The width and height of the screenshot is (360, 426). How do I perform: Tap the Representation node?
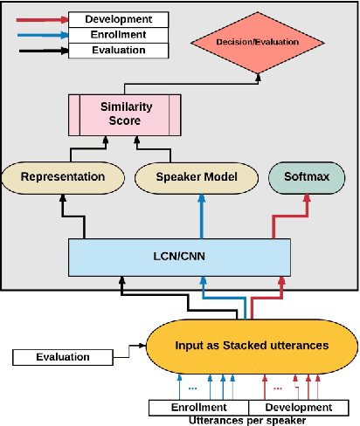click(x=62, y=177)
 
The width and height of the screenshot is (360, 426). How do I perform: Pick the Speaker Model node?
click(x=197, y=177)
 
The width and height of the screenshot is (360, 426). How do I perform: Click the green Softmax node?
click(x=305, y=177)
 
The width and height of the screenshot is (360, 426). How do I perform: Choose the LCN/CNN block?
click(x=179, y=257)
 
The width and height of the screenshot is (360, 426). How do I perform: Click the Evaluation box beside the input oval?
click(x=63, y=356)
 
